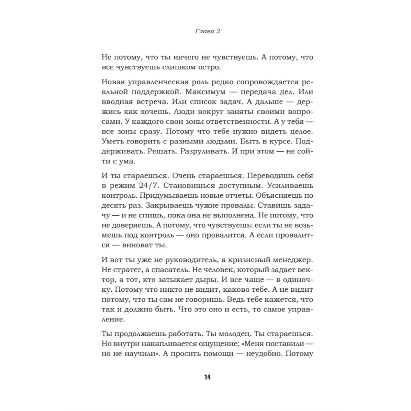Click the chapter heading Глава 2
tap(205, 31)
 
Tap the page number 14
tap(206, 378)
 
